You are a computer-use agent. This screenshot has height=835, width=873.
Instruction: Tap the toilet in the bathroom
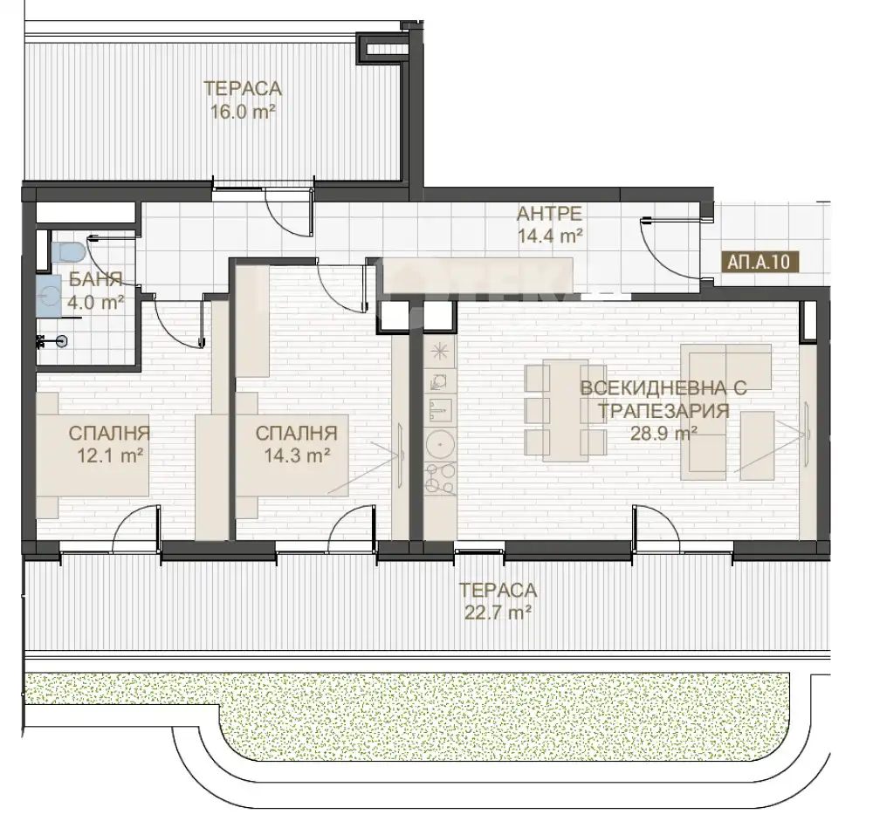pyautogui.click(x=70, y=252)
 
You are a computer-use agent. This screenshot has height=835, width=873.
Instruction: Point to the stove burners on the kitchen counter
pyautogui.click(x=440, y=480)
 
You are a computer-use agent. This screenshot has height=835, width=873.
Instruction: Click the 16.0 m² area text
pyautogui.click(x=244, y=112)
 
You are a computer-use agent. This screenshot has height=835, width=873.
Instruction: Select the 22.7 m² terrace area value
pyautogui.click(x=498, y=613)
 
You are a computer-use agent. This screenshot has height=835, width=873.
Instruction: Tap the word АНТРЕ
pyautogui.click(x=549, y=213)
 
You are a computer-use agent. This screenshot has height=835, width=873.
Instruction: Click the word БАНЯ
pyautogui.click(x=96, y=279)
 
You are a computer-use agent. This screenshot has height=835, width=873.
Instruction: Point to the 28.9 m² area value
pyautogui.click(x=663, y=434)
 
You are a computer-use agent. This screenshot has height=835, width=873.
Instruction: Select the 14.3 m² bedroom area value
pyautogui.click(x=298, y=456)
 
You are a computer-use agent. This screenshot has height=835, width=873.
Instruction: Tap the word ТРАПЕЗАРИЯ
pyautogui.click(x=663, y=411)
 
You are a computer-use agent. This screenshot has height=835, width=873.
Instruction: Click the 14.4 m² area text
pyautogui.click(x=550, y=236)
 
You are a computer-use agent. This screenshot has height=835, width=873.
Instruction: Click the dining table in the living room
pyautogui.click(x=566, y=410)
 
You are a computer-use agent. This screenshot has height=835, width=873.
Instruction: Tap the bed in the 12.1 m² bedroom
pyautogui.click(x=93, y=455)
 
